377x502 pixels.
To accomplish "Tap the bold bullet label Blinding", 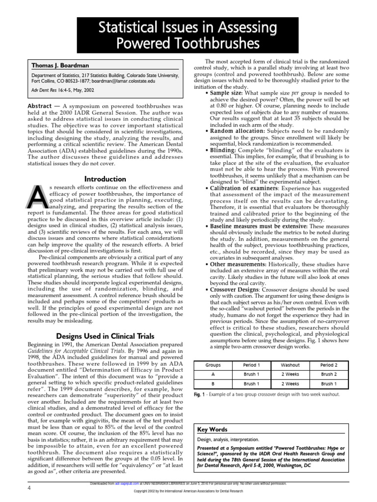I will click(227, 151).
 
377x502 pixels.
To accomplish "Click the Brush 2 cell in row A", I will click(329, 375).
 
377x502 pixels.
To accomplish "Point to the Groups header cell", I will click(213, 365).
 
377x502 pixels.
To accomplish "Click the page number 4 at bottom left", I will click(29, 489).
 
